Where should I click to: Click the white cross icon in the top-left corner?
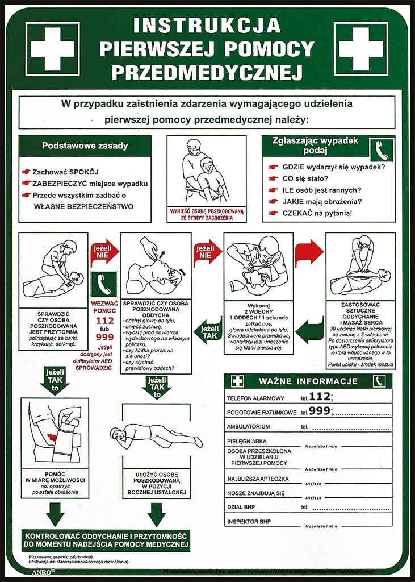click(x=53, y=48)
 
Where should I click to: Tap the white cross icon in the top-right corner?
click(x=361, y=48)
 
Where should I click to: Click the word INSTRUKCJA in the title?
click(x=207, y=26)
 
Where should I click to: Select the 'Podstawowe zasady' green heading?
click(x=85, y=145)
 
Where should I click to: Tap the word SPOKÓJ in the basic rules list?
click(x=83, y=171)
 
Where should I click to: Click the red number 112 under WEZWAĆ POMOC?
click(x=104, y=321)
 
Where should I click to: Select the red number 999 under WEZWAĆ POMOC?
click(x=104, y=337)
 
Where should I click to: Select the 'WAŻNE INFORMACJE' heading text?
click(x=308, y=381)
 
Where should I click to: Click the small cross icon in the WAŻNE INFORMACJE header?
click(x=237, y=381)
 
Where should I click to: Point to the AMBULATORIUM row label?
click(x=248, y=426)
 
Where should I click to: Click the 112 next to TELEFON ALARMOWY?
click(x=320, y=396)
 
